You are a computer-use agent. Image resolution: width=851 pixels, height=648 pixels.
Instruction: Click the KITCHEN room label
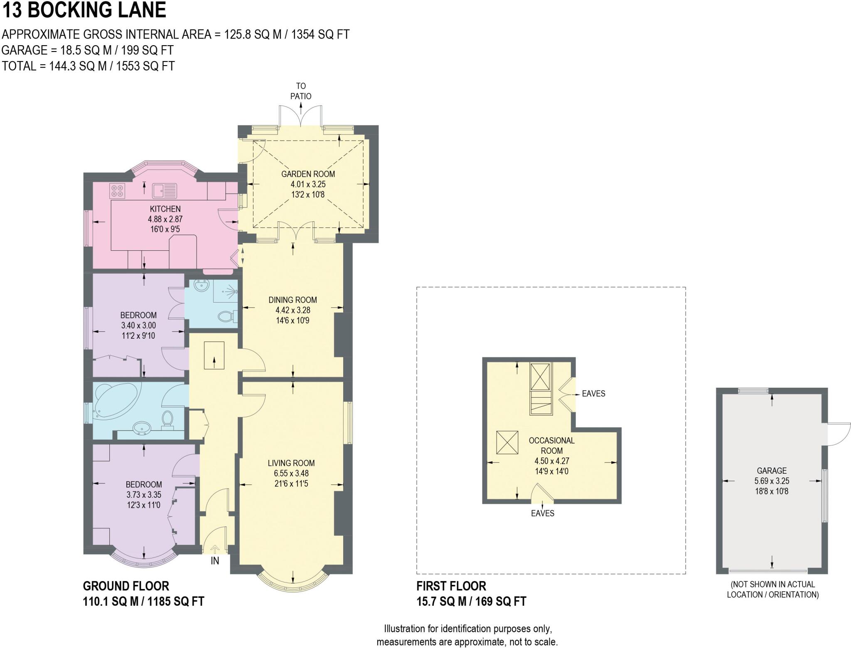(165, 209)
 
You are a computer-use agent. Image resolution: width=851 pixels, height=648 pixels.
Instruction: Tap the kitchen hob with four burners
(118, 191)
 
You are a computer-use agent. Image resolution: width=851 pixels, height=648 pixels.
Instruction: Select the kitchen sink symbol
(164, 191)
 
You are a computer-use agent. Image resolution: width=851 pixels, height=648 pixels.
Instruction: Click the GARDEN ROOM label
(308, 174)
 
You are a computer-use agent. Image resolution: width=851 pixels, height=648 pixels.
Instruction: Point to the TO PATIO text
(301, 91)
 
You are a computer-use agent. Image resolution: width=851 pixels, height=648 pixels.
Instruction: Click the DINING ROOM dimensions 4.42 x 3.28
(293, 310)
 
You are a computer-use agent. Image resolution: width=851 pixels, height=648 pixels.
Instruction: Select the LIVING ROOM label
(291, 463)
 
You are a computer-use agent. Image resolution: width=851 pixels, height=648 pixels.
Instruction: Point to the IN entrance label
(215, 561)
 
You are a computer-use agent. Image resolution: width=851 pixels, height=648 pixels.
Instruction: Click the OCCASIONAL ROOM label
(551, 445)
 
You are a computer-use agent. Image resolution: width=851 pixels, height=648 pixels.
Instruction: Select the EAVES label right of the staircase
(593, 394)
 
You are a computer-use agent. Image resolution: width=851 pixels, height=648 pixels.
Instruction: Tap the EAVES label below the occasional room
(542, 513)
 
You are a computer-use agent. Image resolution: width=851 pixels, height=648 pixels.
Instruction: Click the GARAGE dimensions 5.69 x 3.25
(772, 481)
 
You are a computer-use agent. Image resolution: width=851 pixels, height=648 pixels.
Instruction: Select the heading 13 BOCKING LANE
(84, 10)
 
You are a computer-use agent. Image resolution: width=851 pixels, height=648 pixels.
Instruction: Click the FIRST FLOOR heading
(451, 586)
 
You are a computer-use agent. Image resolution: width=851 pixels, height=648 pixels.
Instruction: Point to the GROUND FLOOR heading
(126, 586)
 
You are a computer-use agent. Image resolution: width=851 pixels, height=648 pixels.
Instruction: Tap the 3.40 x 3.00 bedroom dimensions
(138, 325)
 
